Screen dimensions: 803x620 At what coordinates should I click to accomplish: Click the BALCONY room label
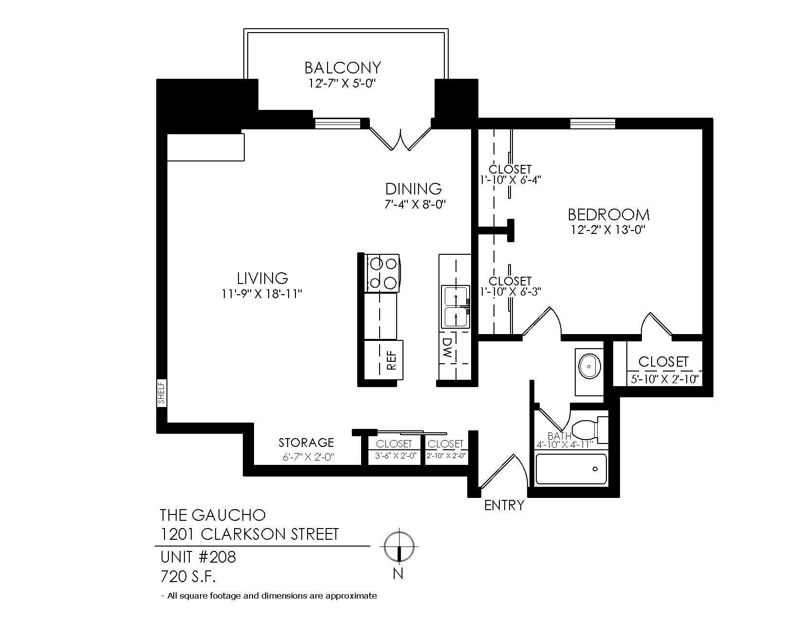pos(343,68)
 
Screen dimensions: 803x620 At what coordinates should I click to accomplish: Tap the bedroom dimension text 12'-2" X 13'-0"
pos(608,230)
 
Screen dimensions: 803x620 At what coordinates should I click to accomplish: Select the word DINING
pos(414,189)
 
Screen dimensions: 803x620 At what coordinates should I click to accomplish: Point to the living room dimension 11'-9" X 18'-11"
pos(262,294)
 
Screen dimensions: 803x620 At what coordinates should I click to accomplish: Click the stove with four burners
pos(383,273)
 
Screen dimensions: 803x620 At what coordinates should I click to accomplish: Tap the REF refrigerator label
pos(391,360)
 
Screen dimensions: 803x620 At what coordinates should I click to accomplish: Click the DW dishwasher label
pos(448,349)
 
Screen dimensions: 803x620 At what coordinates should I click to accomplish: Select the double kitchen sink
pos(456,306)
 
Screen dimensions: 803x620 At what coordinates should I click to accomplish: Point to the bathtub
pos(571,469)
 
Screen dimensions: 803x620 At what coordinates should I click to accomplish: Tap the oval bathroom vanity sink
pos(589,367)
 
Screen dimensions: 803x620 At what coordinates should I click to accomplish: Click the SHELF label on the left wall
pos(162,393)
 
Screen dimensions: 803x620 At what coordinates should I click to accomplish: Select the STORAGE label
pos(306,443)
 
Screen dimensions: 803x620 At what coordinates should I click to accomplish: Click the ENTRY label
pos(504,505)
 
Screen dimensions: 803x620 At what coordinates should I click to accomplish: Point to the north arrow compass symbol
pos(399,546)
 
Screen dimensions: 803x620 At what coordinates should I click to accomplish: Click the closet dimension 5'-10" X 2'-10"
pos(664,380)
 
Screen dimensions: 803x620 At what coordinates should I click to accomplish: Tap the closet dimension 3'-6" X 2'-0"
pos(395,456)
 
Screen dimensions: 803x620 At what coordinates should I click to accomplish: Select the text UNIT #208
pos(198,557)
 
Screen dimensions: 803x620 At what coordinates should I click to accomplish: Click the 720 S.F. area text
pos(188,576)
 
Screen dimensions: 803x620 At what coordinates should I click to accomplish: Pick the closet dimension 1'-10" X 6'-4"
pos(511,180)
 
